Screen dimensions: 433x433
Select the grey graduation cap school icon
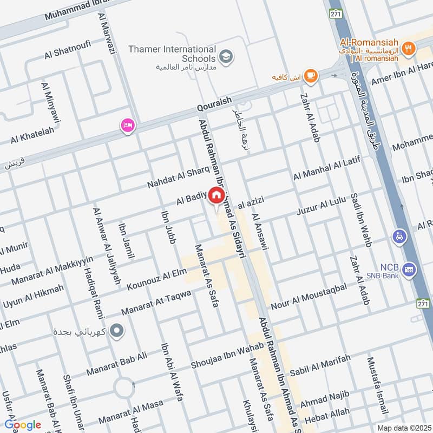click(x=226, y=56)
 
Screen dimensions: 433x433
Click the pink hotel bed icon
click(x=128, y=126)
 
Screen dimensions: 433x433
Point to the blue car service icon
click(x=399, y=237)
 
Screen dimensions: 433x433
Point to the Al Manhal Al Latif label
click(x=326, y=168)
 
